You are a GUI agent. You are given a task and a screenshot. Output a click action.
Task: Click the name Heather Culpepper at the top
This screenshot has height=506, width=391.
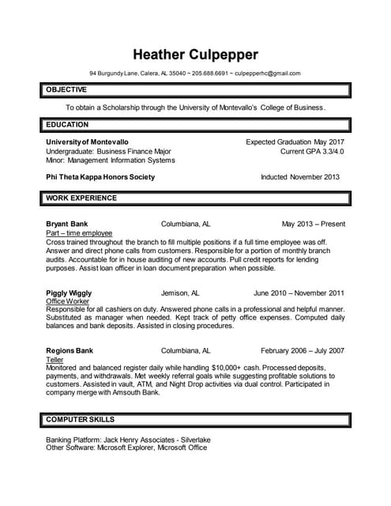pos(195,55)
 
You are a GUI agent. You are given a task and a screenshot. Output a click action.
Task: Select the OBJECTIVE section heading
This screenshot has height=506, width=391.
pos(66,90)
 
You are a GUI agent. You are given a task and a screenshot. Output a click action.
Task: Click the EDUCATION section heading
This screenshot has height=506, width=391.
pos(67,125)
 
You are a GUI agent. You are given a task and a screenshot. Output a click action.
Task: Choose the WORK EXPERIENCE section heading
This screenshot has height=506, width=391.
pos(81,198)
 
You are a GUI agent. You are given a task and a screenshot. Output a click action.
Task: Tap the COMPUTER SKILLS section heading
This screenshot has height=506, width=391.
pos(80,419)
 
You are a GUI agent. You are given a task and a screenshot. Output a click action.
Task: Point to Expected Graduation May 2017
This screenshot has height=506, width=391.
pos(295,142)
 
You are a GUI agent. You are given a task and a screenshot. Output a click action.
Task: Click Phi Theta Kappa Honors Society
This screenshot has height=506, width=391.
pos(100,177)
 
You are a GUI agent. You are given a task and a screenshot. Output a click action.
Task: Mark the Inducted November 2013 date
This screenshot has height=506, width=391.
pos(300,177)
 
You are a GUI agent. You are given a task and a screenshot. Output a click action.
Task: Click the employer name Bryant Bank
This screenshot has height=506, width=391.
pos(67,225)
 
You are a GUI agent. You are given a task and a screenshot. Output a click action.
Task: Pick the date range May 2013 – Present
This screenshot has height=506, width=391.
pos(313,225)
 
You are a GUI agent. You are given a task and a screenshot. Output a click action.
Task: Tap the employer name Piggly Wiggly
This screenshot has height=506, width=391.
pos(69,293)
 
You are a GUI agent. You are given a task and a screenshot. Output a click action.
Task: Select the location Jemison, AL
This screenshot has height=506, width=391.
pos(186,293)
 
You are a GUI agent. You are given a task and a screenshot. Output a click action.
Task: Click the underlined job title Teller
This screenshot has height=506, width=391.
pos(55,360)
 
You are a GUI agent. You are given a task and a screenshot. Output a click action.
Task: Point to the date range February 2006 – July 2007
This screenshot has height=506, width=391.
pos(303,350)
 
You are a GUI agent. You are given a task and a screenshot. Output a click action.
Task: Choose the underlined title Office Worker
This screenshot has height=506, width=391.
pos(68,301)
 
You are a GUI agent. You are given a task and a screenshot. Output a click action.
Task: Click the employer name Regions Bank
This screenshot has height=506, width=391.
pos(70,350)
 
